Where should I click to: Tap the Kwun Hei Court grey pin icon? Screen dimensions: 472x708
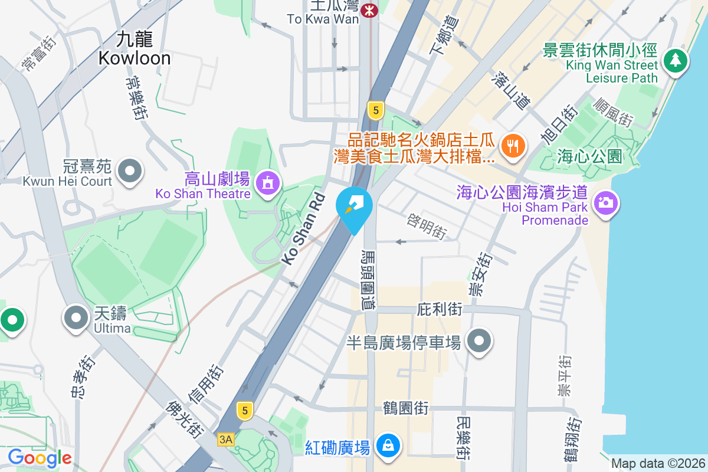pyautogui.click(x=129, y=171)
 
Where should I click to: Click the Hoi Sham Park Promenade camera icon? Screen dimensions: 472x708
pyautogui.click(x=605, y=202)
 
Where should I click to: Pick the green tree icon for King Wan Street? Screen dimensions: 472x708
pyautogui.click(x=676, y=60)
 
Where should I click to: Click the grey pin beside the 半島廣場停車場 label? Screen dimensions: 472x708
pyautogui.click(x=479, y=340)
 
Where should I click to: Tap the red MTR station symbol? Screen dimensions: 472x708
pyautogui.click(x=371, y=11)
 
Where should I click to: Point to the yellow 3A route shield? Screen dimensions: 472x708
pyautogui.click(x=226, y=440)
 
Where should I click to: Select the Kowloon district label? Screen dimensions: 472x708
pyautogui.click(x=135, y=49)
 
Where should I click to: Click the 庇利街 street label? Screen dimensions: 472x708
pyautogui.click(x=439, y=309)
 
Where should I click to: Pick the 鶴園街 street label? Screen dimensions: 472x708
pyautogui.click(x=405, y=408)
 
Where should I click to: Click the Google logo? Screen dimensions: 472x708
pyautogui.click(x=40, y=458)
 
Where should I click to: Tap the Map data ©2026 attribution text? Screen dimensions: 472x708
pyautogui.click(x=657, y=464)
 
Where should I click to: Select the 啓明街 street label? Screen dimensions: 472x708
pyautogui.click(x=426, y=225)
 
